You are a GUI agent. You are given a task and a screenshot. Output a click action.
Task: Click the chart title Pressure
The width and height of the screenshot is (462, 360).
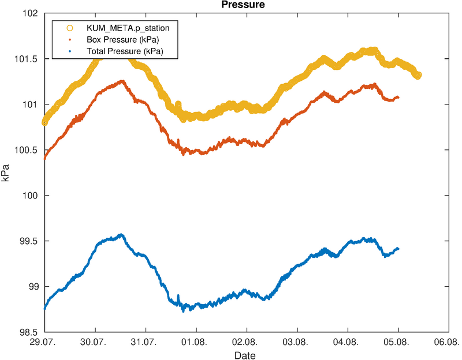click(243, 5)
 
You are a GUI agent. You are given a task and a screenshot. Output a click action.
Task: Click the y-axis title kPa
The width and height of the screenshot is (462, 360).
click(5, 173)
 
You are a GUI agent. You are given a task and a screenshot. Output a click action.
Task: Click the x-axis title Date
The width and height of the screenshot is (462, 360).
click(245, 355)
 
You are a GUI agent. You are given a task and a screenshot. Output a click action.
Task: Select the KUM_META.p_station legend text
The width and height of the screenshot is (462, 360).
click(128, 28)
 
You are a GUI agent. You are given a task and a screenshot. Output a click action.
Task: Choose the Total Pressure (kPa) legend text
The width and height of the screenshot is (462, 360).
click(125, 51)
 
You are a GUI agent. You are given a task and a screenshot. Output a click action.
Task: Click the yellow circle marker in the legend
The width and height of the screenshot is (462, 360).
click(70, 28)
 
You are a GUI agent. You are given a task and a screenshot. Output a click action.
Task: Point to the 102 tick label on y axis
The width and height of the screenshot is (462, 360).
click(31, 13)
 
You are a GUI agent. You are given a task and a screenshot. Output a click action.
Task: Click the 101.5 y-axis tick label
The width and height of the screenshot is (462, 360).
click(26, 59)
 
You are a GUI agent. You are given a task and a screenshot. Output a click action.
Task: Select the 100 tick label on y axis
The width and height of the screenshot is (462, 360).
click(31, 196)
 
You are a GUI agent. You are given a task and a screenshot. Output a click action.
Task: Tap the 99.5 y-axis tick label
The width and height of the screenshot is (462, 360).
click(28, 241)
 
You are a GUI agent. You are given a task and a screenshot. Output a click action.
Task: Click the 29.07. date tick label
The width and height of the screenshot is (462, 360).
click(45, 342)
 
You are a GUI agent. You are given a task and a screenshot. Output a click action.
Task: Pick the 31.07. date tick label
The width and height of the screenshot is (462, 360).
click(146, 342)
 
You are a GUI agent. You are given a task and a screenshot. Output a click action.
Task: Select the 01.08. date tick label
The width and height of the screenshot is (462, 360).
click(196, 342)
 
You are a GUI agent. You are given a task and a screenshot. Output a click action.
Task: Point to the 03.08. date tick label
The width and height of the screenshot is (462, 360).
click(297, 342)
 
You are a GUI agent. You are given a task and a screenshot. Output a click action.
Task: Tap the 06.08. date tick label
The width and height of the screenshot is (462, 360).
click(449, 342)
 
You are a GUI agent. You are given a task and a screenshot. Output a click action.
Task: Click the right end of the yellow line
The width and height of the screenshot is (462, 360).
click(418, 76)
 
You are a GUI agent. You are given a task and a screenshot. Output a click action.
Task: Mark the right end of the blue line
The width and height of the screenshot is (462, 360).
click(398, 249)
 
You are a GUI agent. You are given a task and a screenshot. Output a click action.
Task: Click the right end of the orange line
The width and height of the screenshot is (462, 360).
click(398, 97)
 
